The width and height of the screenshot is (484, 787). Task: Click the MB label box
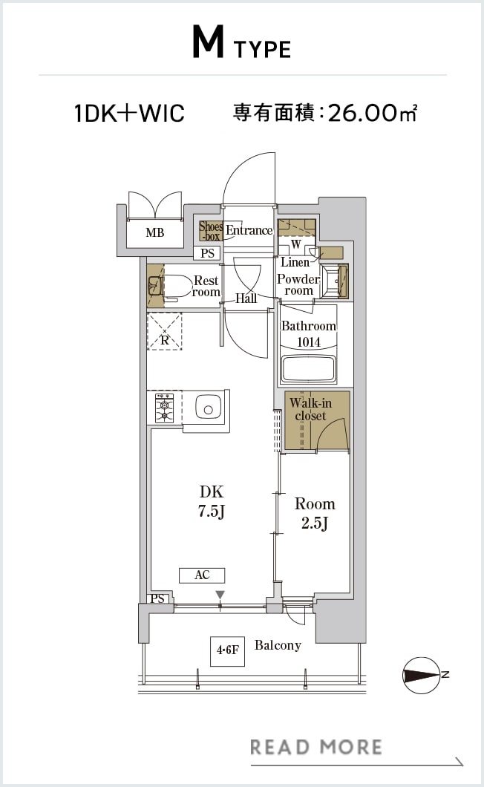[155, 233]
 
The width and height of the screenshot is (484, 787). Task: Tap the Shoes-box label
[211, 231]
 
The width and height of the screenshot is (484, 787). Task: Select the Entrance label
[249, 230]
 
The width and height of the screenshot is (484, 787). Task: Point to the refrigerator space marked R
[164, 332]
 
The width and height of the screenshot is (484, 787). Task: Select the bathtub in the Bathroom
[308, 370]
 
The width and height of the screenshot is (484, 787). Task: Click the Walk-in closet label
[310, 409]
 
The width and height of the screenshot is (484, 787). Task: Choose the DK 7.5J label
[212, 501]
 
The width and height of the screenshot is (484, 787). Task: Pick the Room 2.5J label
[315, 513]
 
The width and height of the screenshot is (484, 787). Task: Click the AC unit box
[202, 575]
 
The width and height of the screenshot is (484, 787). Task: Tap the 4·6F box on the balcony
[227, 651]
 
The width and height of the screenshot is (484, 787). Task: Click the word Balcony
[278, 645]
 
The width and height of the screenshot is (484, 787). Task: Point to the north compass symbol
[422, 676]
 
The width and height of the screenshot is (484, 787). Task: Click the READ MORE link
[316, 747]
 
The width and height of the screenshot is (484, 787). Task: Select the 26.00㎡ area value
[373, 113]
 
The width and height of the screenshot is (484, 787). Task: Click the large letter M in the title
[208, 43]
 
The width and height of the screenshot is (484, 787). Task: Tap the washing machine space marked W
[296, 244]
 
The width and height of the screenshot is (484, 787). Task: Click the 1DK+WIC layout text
[129, 113]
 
